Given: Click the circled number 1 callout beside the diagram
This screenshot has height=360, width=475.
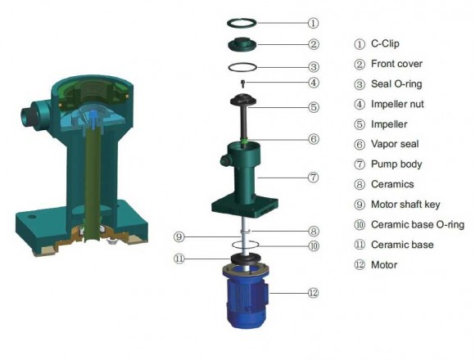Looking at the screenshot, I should pos(313,23).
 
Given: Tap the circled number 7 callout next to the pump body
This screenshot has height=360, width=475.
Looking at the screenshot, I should pos(313,176).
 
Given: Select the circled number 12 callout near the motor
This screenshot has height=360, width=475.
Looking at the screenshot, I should pos(313,290).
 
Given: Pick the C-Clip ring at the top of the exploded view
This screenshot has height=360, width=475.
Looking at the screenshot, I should pos(243,22).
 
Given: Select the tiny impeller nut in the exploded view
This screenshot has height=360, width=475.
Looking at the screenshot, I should pos(243,83).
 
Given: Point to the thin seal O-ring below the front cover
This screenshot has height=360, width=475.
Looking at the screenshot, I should pos(243,66).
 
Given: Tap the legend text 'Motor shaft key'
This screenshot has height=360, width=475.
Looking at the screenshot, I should pos(402,204).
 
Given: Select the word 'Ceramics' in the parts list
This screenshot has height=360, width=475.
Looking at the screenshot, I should pos(392,184).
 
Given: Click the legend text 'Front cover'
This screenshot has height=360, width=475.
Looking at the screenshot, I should pos(397,63).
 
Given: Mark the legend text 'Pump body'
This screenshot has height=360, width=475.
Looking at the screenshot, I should pos(396,164).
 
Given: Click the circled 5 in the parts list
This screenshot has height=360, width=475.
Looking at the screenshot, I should pos(359,124).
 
